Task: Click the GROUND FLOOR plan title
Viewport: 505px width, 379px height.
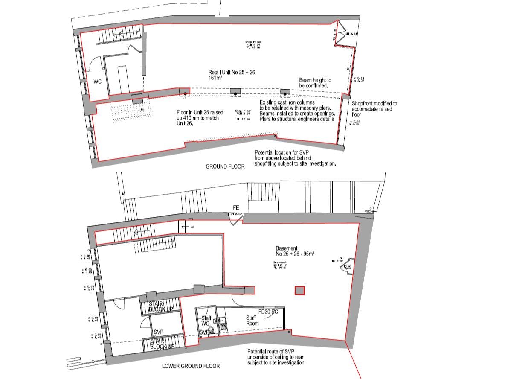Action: tap(225, 166)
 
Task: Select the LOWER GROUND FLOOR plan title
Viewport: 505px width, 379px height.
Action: tap(191, 366)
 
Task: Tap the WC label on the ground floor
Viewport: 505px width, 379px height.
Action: tap(98, 82)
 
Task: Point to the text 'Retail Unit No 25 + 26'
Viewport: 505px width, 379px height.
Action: tap(232, 73)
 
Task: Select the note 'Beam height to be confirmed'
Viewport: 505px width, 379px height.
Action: tap(315, 83)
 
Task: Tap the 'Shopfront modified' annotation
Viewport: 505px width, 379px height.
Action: tap(374, 109)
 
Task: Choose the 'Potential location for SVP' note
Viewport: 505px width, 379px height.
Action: tap(295, 158)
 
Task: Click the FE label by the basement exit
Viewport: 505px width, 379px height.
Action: tap(236, 208)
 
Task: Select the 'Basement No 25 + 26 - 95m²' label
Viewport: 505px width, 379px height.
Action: tap(295, 251)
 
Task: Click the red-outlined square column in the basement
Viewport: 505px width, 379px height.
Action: tap(300, 291)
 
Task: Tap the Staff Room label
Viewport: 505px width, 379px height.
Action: tap(252, 321)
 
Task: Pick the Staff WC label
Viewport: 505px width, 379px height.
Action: tap(206, 321)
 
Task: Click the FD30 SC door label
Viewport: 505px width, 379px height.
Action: tap(268, 312)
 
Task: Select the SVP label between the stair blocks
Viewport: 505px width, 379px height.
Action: tap(159, 332)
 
